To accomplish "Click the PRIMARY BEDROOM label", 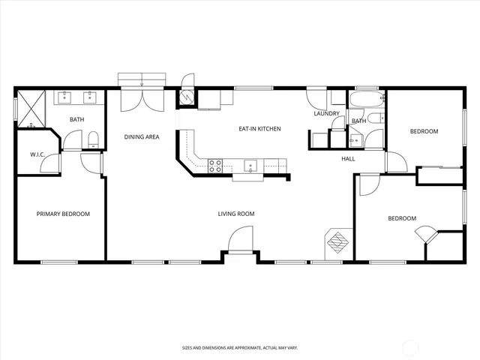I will (x=63, y=214).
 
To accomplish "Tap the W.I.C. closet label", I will (x=38, y=154).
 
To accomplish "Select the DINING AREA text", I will (x=141, y=137).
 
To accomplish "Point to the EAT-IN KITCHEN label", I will (x=259, y=129).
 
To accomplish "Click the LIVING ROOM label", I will (x=236, y=214).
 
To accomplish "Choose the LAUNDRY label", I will (x=327, y=114).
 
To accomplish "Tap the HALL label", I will (x=349, y=159).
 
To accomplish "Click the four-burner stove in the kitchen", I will (x=214, y=166).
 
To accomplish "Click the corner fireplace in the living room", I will (x=335, y=244).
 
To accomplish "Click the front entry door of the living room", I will (x=241, y=243).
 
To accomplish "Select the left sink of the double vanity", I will (x=65, y=96).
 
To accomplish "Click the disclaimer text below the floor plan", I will (x=239, y=348).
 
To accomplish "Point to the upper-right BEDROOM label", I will (x=424, y=132).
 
